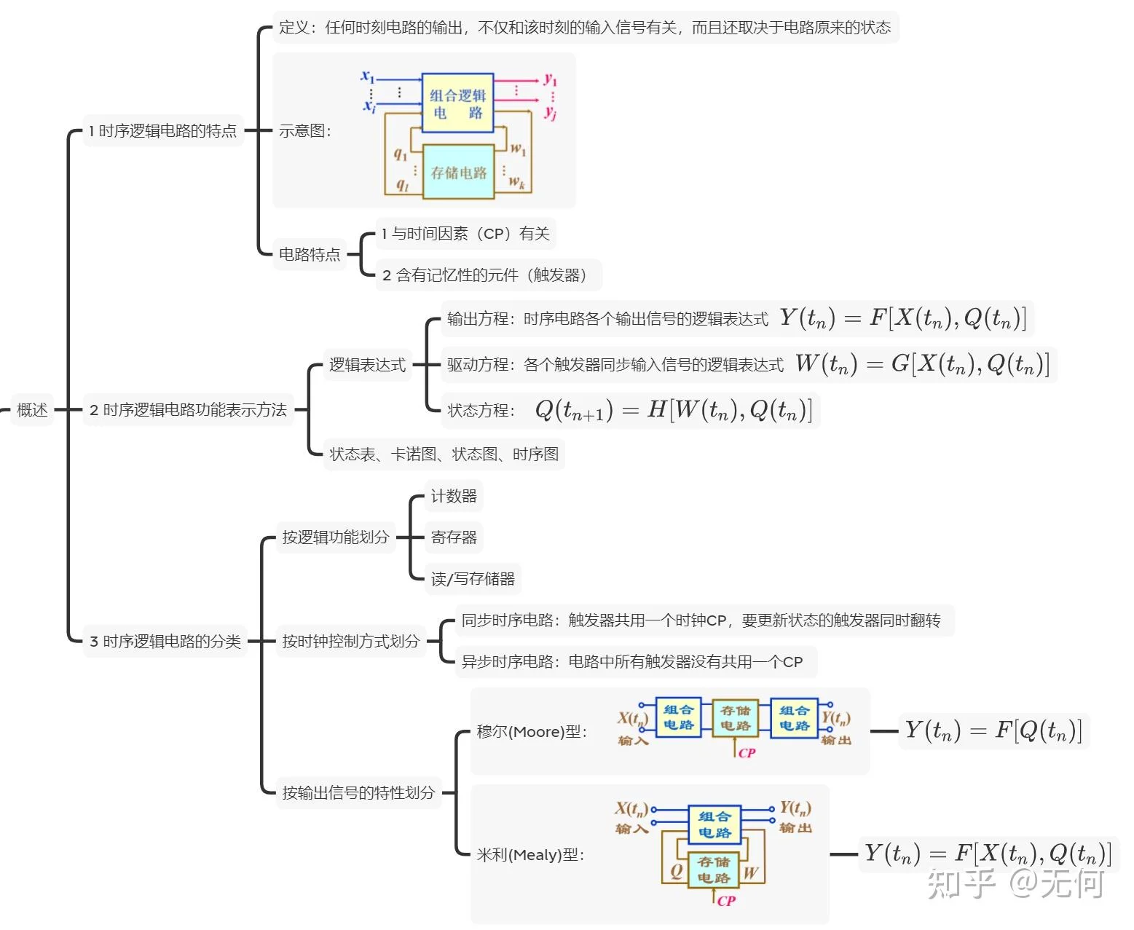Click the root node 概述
[x=32, y=410]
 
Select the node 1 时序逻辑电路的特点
[x=162, y=131]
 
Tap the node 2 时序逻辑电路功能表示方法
[x=188, y=410]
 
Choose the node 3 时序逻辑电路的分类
[x=165, y=642]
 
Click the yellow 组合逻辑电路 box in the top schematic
[x=457, y=103]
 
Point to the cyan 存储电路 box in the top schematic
[x=458, y=173]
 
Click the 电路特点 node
[x=310, y=254]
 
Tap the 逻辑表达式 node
[x=367, y=365]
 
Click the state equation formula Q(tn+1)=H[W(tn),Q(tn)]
[x=673, y=411]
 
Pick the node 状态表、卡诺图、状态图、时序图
[x=444, y=454]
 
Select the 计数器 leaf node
[x=454, y=497]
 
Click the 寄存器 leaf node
[x=454, y=537]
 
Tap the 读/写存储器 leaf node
[x=473, y=579]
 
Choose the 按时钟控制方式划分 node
[x=350, y=642]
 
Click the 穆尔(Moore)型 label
[x=531, y=732]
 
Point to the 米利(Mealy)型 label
[x=530, y=855]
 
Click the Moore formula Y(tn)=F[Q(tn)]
[x=993, y=730]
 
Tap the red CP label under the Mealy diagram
[x=726, y=902]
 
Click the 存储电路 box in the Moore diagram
[x=735, y=718]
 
